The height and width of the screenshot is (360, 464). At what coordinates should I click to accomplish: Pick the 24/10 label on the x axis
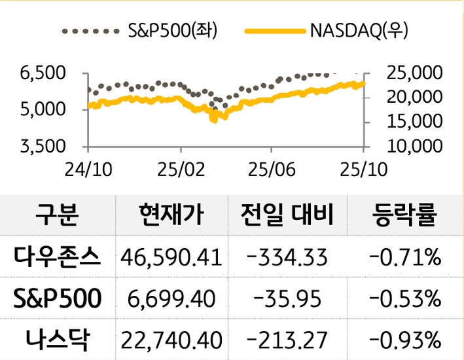pyautogui.click(x=88, y=168)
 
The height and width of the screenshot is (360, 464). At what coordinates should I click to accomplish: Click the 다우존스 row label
pyautogui.click(x=58, y=257)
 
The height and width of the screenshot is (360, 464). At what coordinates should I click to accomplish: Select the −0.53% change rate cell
pyautogui.click(x=404, y=298)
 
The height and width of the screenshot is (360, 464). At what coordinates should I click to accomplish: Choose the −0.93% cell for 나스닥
pyautogui.click(x=404, y=339)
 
